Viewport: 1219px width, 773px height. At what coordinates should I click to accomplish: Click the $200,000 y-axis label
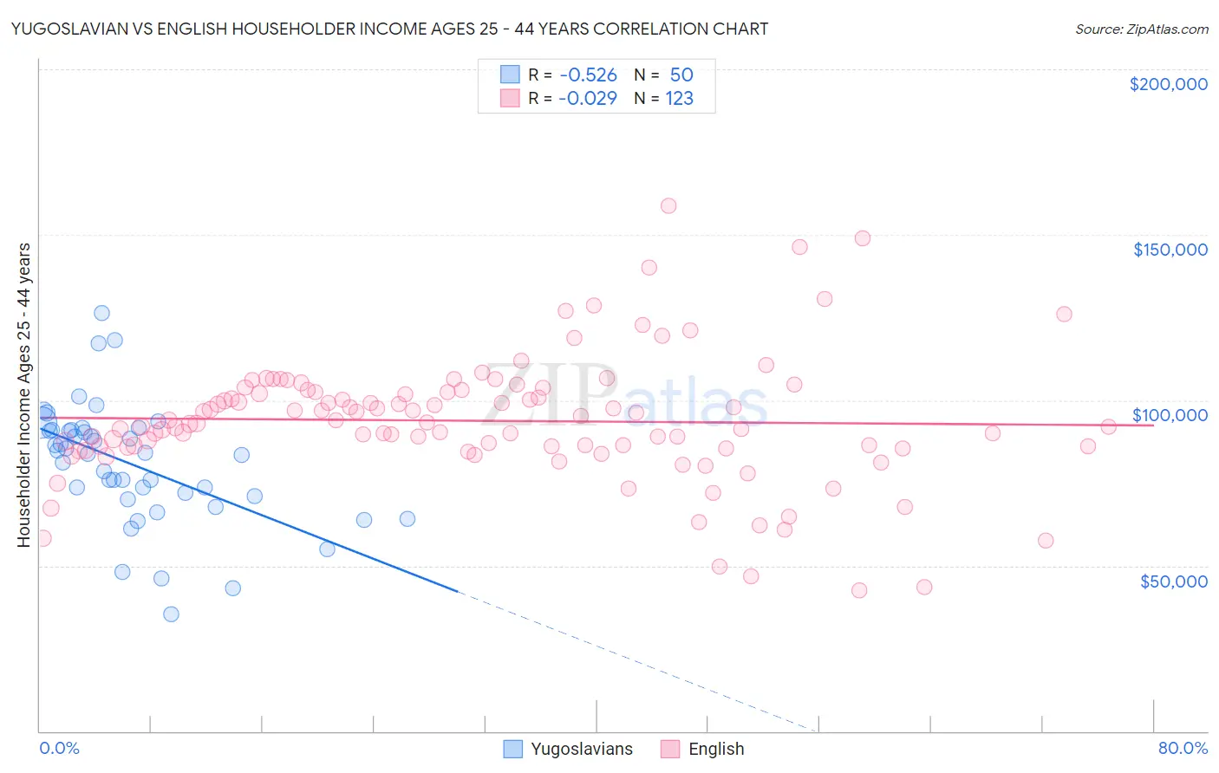[1168, 84]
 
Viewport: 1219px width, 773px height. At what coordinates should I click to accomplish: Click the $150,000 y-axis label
[1170, 250]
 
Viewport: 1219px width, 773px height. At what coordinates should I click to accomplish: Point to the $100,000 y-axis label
[1170, 415]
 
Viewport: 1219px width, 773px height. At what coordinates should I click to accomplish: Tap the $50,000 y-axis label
[1173, 581]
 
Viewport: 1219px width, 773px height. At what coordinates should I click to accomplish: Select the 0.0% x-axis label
[59, 748]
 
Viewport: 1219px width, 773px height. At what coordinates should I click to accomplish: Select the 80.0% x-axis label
[1183, 748]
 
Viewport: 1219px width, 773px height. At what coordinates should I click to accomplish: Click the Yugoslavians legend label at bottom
[582, 749]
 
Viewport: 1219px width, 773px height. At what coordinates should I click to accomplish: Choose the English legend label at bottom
[716, 749]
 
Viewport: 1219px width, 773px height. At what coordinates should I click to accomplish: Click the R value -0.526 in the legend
[587, 75]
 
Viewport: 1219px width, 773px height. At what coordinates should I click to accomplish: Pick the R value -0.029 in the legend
[587, 98]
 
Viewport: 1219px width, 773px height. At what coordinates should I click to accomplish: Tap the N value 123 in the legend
[680, 98]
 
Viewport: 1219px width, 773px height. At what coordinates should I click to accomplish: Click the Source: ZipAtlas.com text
[1141, 29]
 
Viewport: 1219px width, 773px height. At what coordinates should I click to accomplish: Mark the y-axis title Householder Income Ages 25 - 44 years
[23, 395]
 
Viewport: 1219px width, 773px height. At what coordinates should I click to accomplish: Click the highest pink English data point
[668, 205]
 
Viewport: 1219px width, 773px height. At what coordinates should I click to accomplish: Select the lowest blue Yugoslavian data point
[171, 614]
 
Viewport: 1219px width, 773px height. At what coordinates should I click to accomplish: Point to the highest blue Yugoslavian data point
[101, 313]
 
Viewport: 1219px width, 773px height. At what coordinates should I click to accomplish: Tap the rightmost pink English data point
[1108, 426]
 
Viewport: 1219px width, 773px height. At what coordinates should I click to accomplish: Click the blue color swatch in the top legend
[510, 75]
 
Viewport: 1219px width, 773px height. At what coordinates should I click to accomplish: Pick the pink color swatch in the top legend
[510, 98]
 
